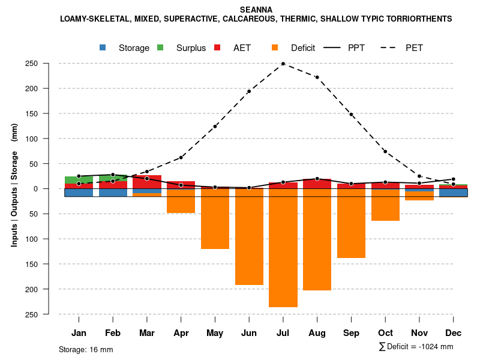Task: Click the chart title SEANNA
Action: (256, 10)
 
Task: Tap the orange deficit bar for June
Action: (249, 237)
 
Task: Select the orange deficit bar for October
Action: (385, 205)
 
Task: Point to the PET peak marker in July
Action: (283, 64)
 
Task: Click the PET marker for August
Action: (317, 77)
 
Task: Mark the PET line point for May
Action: (215, 127)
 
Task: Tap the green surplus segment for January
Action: (79, 179)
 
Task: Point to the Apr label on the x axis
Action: (181, 333)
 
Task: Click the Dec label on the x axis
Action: (453, 333)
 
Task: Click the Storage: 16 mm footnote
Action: (86, 349)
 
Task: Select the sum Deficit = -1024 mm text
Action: (416, 347)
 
